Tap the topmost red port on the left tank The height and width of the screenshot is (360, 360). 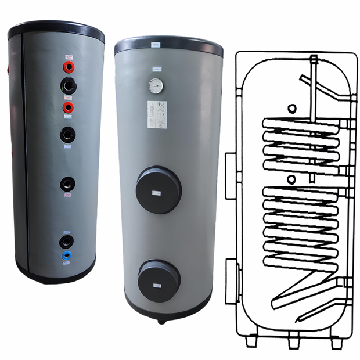click(x=69, y=67)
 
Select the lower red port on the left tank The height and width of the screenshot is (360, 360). click(x=69, y=108)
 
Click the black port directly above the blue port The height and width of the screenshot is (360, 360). click(x=67, y=241)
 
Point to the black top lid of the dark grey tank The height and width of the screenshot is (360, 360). click(x=56, y=31)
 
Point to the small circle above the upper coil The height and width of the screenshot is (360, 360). click(x=292, y=109)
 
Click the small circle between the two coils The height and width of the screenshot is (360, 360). click(x=292, y=178)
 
